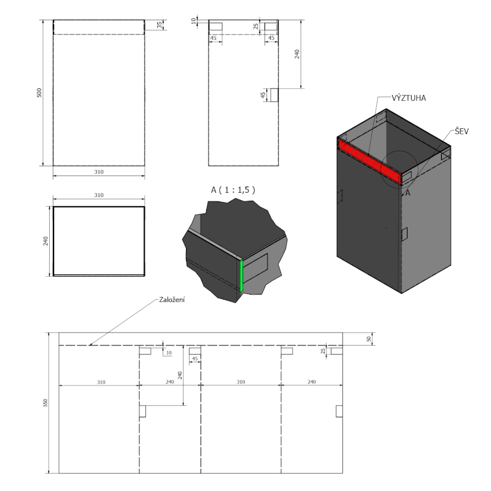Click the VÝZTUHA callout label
(x=409, y=98)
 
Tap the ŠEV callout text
(x=461, y=132)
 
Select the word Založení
(x=171, y=300)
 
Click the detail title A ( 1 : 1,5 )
(x=233, y=190)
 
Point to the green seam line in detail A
(x=242, y=274)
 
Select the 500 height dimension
(x=39, y=93)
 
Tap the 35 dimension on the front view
(x=158, y=26)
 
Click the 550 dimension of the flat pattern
(x=45, y=403)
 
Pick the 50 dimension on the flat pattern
(x=368, y=339)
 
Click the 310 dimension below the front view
(x=98, y=173)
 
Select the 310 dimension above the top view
(x=98, y=195)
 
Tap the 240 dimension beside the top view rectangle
(x=45, y=241)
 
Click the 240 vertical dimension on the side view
(x=298, y=54)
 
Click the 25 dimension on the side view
(x=257, y=26)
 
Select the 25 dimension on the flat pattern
(x=323, y=350)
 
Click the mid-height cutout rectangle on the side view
(x=274, y=95)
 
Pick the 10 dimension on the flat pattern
(x=169, y=352)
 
